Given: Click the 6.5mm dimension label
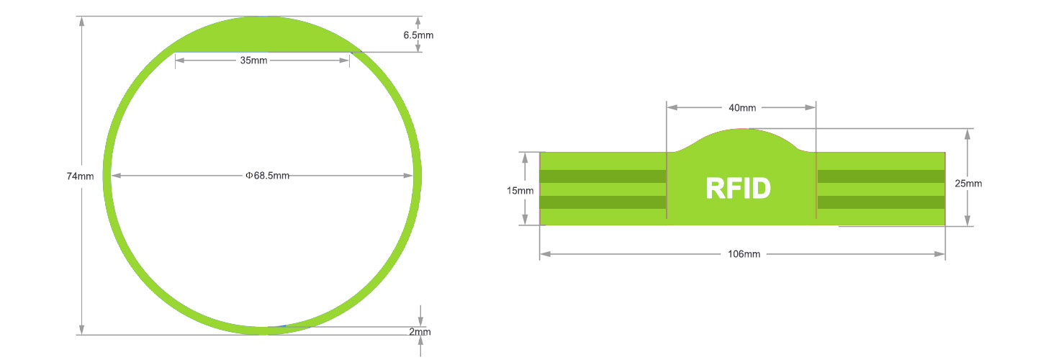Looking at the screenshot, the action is tap(418, 35).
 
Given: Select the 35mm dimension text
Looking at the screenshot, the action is tap(253, 60).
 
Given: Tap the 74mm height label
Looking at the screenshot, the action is tap(80, 176).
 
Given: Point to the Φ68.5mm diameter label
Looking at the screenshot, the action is tap(267, 176).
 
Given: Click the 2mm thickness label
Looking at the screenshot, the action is tap(420, 332).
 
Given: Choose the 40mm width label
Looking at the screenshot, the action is tap(742, 108).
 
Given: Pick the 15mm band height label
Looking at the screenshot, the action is tap(520, 190).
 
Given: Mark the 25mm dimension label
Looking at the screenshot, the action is tap(968, 184).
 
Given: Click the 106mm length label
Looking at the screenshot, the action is tap(744, 254).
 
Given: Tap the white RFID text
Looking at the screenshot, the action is tap(738, 188).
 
